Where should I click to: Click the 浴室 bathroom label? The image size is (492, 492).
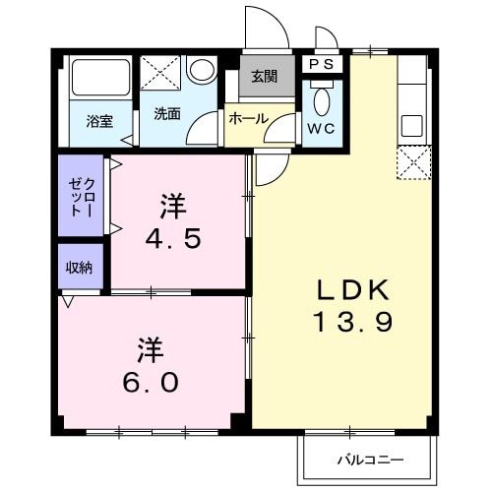click(98, 121)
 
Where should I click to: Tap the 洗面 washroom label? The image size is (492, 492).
click(166, 113)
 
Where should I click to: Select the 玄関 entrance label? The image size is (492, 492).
click(264, 78)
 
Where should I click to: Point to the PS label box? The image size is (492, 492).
click(322, 64)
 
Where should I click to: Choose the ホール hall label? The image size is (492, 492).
click(248, 118)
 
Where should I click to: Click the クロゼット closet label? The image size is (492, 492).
click(80, 198)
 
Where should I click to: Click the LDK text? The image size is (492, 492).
click(355, 289)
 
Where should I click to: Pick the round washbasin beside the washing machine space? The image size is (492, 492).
click(203, 71)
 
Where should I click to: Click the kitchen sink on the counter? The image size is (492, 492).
click(411, 127)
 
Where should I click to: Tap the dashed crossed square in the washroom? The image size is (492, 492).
click(158, 73)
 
